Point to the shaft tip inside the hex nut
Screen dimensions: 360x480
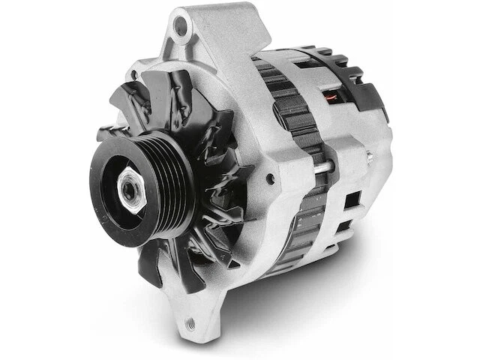pyautogui.click(x=130, y=190)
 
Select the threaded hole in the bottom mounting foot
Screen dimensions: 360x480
pyautogui.click(x=190, y=323)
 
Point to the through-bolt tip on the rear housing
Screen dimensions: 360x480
pyautogui.click(x=370, y=157)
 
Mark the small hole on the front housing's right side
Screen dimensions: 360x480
pyautogui.click(x=269, y=178)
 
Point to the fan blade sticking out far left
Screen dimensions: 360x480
pyautogui.click(x=109, y=134)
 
